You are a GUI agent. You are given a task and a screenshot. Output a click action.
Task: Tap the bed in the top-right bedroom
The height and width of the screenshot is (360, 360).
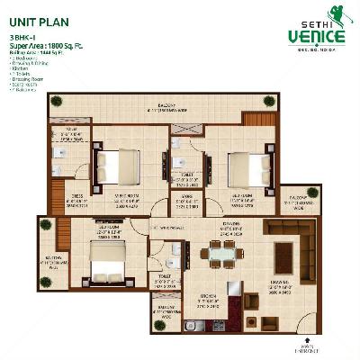(x=247, y=169)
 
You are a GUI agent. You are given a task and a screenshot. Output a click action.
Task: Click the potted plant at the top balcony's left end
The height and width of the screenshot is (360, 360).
(x=57, y=101)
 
